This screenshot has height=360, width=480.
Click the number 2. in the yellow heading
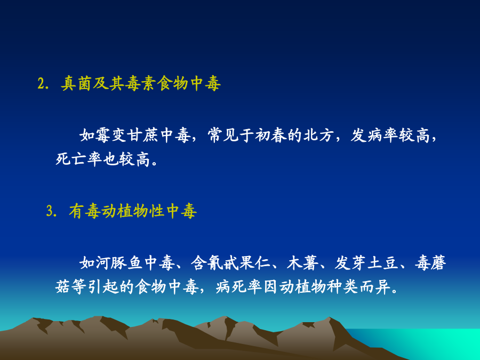[x=43, y=84]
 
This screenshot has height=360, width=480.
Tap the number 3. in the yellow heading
[x=51, y=211]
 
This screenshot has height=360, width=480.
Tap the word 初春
[x=271, y=135]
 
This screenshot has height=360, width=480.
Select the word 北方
[x=319, y=135]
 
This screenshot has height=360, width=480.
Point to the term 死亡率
[x=79, y=159]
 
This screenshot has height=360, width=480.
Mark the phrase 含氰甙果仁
[x=231, y=262]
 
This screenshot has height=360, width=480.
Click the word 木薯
[x=302, y=262]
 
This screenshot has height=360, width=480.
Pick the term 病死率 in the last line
[x=239, y=287]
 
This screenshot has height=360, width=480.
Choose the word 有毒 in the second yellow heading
[x=84, y=211]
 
